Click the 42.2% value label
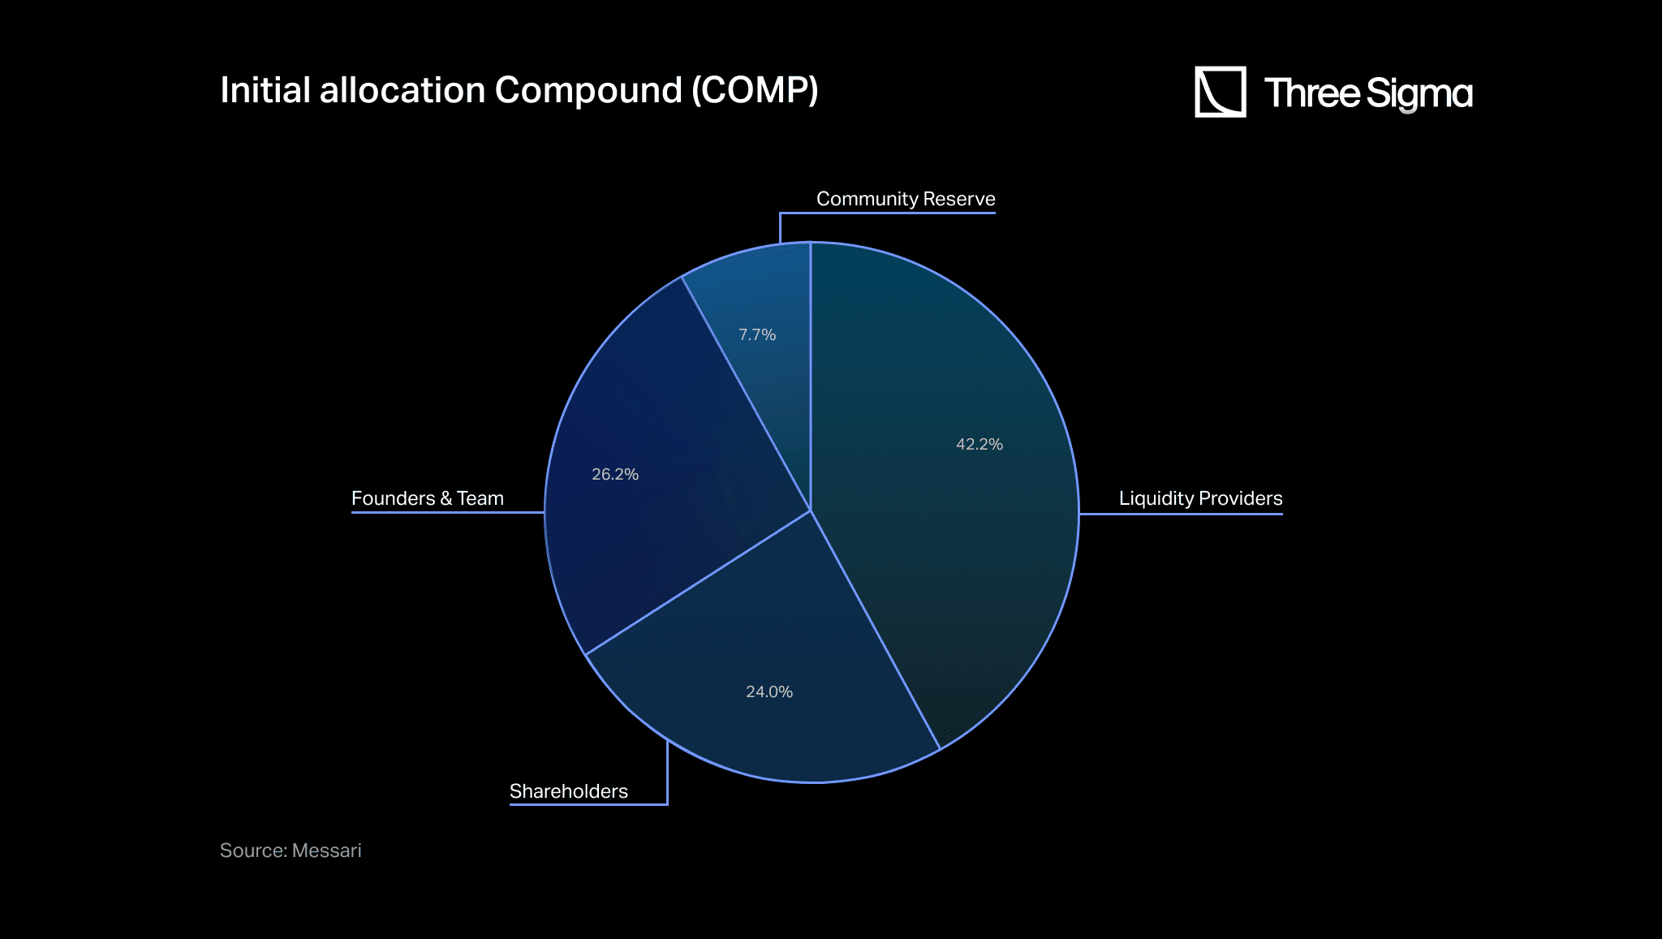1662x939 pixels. pos(980,444)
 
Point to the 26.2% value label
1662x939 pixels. pos(615,474)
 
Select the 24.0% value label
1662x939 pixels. pos(769,691)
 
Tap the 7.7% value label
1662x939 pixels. pos(757,334)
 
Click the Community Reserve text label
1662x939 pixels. pos(906,199)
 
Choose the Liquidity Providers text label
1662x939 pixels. pos(1201,498)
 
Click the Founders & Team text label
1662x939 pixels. pos(428,498)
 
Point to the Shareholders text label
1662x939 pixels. pos(569,791)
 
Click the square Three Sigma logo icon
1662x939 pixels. pos(1221,92)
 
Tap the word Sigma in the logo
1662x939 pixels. pos(1419,94)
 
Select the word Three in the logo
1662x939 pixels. pos(1312,93)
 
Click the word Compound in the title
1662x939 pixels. pos(588,90)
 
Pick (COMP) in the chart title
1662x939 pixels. pos(755,90)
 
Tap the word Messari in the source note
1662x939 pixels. pos(326,851)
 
